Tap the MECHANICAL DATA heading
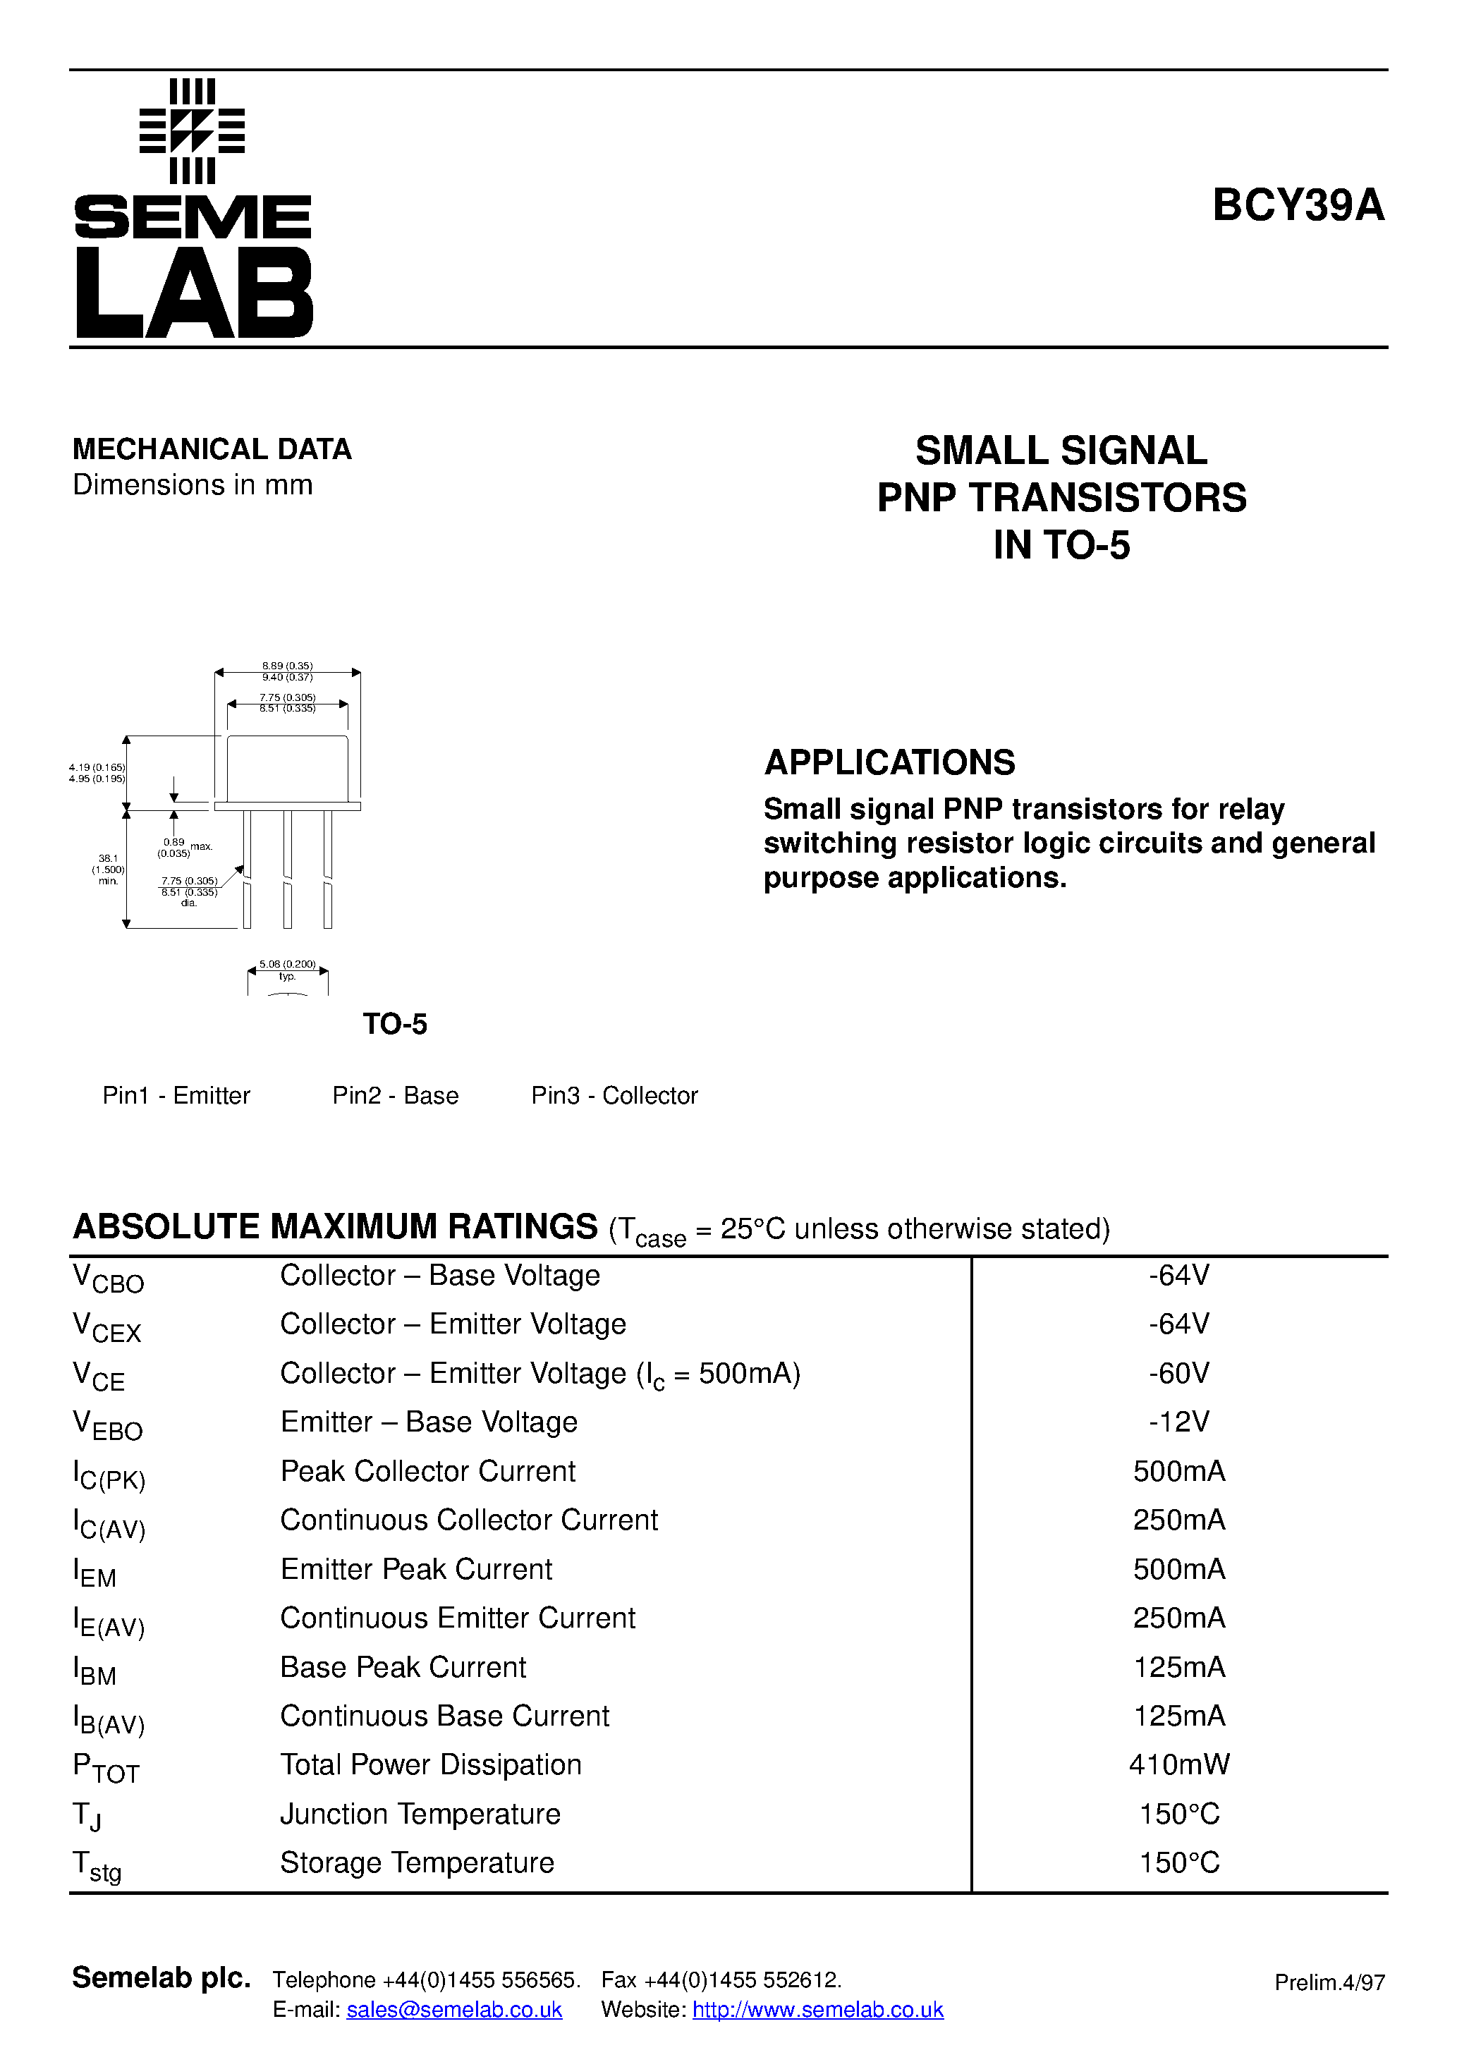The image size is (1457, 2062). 212,449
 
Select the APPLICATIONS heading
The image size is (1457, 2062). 889,762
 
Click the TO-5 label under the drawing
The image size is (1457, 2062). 394,1024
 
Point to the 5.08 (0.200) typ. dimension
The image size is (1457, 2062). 288,969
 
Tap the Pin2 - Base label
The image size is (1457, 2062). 395,1096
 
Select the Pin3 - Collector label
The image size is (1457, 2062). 614,1096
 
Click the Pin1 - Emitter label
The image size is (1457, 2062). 176,1096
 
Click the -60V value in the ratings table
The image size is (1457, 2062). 1178,1373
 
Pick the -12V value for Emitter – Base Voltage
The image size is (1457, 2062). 1178,1422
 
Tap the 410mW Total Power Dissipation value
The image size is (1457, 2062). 1178,1764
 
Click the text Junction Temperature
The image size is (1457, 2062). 420,1814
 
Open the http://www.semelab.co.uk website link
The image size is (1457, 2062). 817,2010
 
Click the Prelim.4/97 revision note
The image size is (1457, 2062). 1329,1983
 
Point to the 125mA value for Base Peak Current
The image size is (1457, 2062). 1178,1667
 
